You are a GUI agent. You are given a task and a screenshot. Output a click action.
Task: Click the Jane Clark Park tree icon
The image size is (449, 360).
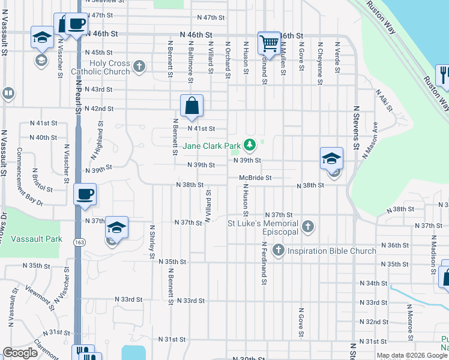click(250, 145)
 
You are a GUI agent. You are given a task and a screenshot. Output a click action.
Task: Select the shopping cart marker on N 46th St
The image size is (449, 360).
click(269, 43)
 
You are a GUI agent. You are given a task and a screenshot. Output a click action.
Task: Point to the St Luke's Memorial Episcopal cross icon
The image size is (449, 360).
click(308, 227)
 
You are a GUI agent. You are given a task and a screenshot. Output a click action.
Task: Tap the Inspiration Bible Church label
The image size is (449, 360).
click(332, 251)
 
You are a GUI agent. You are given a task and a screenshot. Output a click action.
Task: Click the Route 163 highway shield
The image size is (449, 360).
click(79, 241)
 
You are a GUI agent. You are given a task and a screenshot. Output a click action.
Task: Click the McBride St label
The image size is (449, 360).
click(255, 178)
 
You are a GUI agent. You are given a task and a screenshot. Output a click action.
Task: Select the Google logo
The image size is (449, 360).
click(20, 353)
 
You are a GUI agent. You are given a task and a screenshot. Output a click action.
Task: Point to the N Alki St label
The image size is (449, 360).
click(384, 101)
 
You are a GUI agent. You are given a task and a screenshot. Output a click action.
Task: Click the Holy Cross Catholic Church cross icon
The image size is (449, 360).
click(139, 65)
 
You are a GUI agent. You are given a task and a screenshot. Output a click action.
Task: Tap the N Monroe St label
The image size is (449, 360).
click(410, 322)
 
